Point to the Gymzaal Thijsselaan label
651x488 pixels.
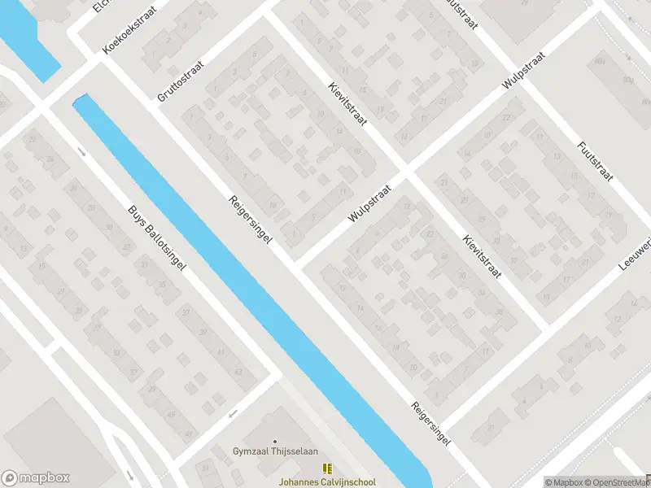pyautogui.click(x=274, y=452)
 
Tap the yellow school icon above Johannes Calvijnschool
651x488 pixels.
pyautogui.click(x=325, y=468)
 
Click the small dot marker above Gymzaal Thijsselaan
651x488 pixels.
pyautogui.click(x=274, y=442)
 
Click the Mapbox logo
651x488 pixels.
pyautogui.click(x=36, y=478)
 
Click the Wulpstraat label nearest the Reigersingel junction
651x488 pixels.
pyautogui.click(x=369, y=203)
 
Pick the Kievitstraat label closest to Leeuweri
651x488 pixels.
pyautogui.click(x=482, y=257)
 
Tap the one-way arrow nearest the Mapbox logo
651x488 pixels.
pyautogui.click(x=129, y=474)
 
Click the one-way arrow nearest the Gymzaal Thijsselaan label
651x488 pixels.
pyautogui.click(x=233, y=414)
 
